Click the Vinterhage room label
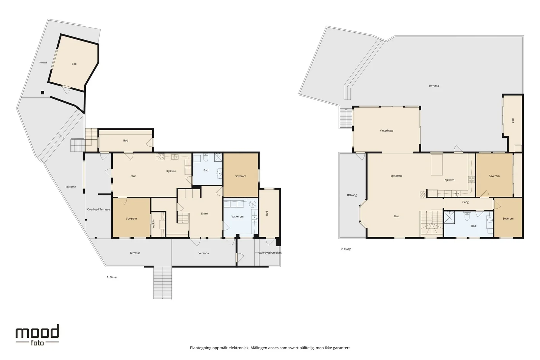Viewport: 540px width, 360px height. coord(386,131)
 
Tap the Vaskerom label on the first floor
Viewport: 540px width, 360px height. coord(238,216)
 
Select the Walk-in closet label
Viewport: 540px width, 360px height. coord(154,224)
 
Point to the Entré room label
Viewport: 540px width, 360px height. coord(204,214)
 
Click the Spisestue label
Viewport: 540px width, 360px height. coord(396,176)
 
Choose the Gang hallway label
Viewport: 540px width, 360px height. coord(465,202)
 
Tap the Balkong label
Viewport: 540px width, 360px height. coord(352,195)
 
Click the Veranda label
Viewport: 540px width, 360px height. coord(204,253)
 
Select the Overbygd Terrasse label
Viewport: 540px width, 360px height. coord(98,210)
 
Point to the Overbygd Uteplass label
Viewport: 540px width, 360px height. coord(270,253)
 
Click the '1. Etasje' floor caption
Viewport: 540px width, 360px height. coord(112,277)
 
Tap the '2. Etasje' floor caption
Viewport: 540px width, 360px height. coord(346,249)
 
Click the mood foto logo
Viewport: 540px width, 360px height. coord(37,335)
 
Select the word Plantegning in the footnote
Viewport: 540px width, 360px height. coord(200,348)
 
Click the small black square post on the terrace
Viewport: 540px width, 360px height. coord(43,92)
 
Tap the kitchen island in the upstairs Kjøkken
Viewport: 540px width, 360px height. coord(437,165)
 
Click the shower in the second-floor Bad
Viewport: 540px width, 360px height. coord(449,217)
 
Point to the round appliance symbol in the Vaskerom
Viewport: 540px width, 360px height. coord(252,204)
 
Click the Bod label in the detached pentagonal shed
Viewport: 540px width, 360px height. coord(74,64)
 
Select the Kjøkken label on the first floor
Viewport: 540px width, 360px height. coord(171,171)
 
